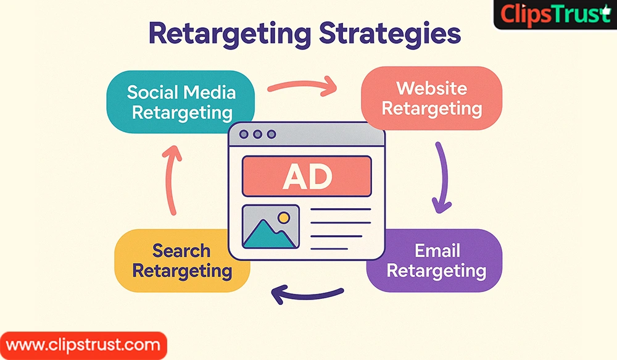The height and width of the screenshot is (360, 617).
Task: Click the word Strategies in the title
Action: point(389,35)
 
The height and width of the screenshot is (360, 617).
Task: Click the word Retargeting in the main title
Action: point(230,35)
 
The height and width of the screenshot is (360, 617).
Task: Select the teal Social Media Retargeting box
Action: point(181,102)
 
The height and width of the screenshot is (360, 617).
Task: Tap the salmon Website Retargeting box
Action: point(432,98)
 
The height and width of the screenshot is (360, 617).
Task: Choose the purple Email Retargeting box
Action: point(434,261)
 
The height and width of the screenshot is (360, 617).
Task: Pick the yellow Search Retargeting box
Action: point(182,261)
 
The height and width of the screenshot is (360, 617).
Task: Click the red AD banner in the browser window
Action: point(307,176)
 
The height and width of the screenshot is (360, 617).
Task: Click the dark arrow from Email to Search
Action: point(307,295)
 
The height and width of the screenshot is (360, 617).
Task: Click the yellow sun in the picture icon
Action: point(284,217)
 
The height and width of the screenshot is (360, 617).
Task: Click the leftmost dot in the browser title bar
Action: point(244,135)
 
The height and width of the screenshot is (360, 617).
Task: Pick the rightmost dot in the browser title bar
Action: point(271,135)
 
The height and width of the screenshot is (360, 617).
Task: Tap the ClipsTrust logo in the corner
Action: point(555,15)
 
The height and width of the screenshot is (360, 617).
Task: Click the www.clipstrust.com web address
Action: point(83,345)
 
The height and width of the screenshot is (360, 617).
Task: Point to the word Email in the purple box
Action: point(437,251)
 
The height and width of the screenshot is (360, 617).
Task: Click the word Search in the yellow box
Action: point(181,251)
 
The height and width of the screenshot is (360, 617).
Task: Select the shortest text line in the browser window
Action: point(329,249)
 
